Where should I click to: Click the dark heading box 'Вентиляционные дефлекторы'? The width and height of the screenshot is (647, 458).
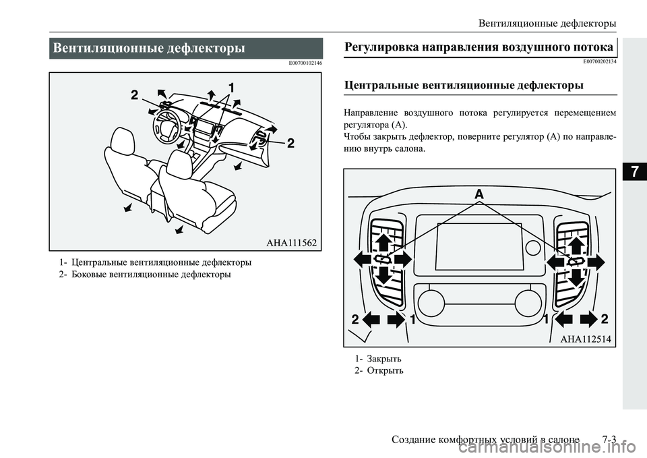point(185,49)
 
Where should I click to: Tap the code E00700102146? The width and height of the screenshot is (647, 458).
point(305,63)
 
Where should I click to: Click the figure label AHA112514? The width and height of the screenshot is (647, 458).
point(585,339)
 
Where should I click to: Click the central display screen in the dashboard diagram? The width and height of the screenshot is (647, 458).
point(479,246)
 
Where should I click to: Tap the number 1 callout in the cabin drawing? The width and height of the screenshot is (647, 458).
point(231,88)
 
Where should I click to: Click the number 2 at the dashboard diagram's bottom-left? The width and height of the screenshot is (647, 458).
point(355,319)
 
